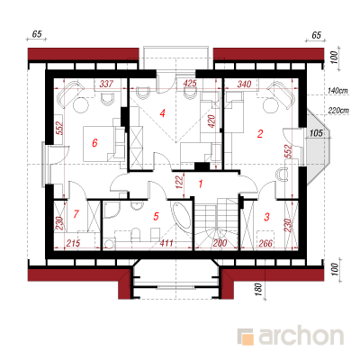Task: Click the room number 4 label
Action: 162,113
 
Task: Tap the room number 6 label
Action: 94,143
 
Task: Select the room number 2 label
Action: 260,133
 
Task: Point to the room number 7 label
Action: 76,214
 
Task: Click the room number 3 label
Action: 267,217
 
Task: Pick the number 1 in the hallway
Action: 201,184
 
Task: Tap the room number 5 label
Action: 156,216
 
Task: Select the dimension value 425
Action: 189,83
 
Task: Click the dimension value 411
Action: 166,242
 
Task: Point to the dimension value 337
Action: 106,84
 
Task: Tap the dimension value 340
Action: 244,84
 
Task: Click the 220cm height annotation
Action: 338,111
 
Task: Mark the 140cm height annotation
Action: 338,90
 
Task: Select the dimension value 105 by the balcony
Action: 316,132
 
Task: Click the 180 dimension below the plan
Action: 259,290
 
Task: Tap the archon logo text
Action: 301,337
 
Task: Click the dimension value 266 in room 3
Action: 265,243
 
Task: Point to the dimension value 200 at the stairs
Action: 220,243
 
